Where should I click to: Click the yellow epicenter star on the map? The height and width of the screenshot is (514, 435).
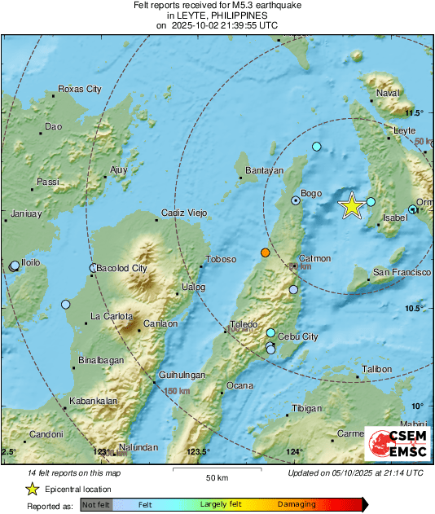(x=351, y=206)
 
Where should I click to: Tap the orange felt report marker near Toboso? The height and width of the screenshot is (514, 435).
(x=265, y=253)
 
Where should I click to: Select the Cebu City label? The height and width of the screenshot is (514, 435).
(x=298, y=336)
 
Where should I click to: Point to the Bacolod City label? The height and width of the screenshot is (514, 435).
(x=121, y=268)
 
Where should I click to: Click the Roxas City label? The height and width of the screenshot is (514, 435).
(x=81, y=89)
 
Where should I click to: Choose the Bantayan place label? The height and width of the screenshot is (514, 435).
(x=265, y=170)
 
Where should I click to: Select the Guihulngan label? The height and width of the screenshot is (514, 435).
(x=179, y=375)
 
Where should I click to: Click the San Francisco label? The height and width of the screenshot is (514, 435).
(x=402, y=272)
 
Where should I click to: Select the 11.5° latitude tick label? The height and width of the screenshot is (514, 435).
(x=415, y=112)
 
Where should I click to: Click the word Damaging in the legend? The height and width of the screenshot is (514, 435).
(x=297, y=504)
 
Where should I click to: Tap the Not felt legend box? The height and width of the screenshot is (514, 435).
(x=96, y=504)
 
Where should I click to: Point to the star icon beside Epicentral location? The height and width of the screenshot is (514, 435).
(x=32, y=489)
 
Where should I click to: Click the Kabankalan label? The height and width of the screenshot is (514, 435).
(x=94, y=401)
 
